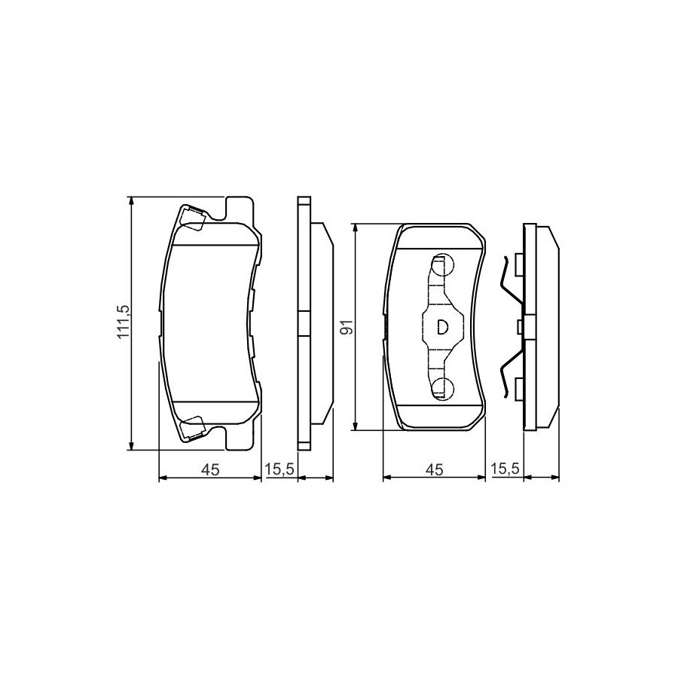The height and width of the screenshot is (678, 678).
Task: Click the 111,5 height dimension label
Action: pyautogui.click(x=124, y=322)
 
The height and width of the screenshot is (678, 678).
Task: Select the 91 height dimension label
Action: pyautogui.click(x=347, y=328)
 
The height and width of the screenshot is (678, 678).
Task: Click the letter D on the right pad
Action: pyautogui.click(x=442, y=327)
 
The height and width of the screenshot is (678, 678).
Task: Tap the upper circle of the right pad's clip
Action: pyautogui.click(x=442, y=264)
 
